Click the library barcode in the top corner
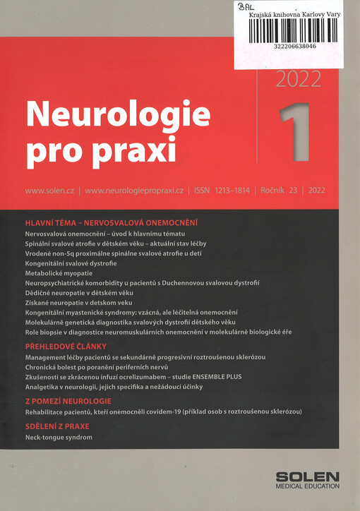[x=292, y=30]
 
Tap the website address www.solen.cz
[x=50, y=191]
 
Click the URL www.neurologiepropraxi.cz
[x=134, y=191]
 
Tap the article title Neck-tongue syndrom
[x=58, y=438]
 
